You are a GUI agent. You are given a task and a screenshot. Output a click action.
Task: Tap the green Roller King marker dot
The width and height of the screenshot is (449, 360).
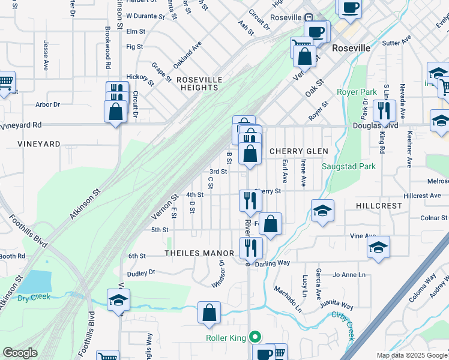pos(255,338)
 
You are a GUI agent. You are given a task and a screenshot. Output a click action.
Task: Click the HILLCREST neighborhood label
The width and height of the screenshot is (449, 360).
pos(378,205)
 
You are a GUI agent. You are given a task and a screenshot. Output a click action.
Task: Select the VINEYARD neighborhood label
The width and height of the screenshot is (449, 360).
pos(39,145)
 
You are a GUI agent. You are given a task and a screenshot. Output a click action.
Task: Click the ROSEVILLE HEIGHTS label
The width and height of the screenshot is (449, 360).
pos(199,83)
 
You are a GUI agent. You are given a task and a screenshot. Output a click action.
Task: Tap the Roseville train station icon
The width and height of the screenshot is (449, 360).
pos(310,18)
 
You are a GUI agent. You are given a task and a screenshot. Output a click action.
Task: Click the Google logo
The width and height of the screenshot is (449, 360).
pos(20,353)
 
